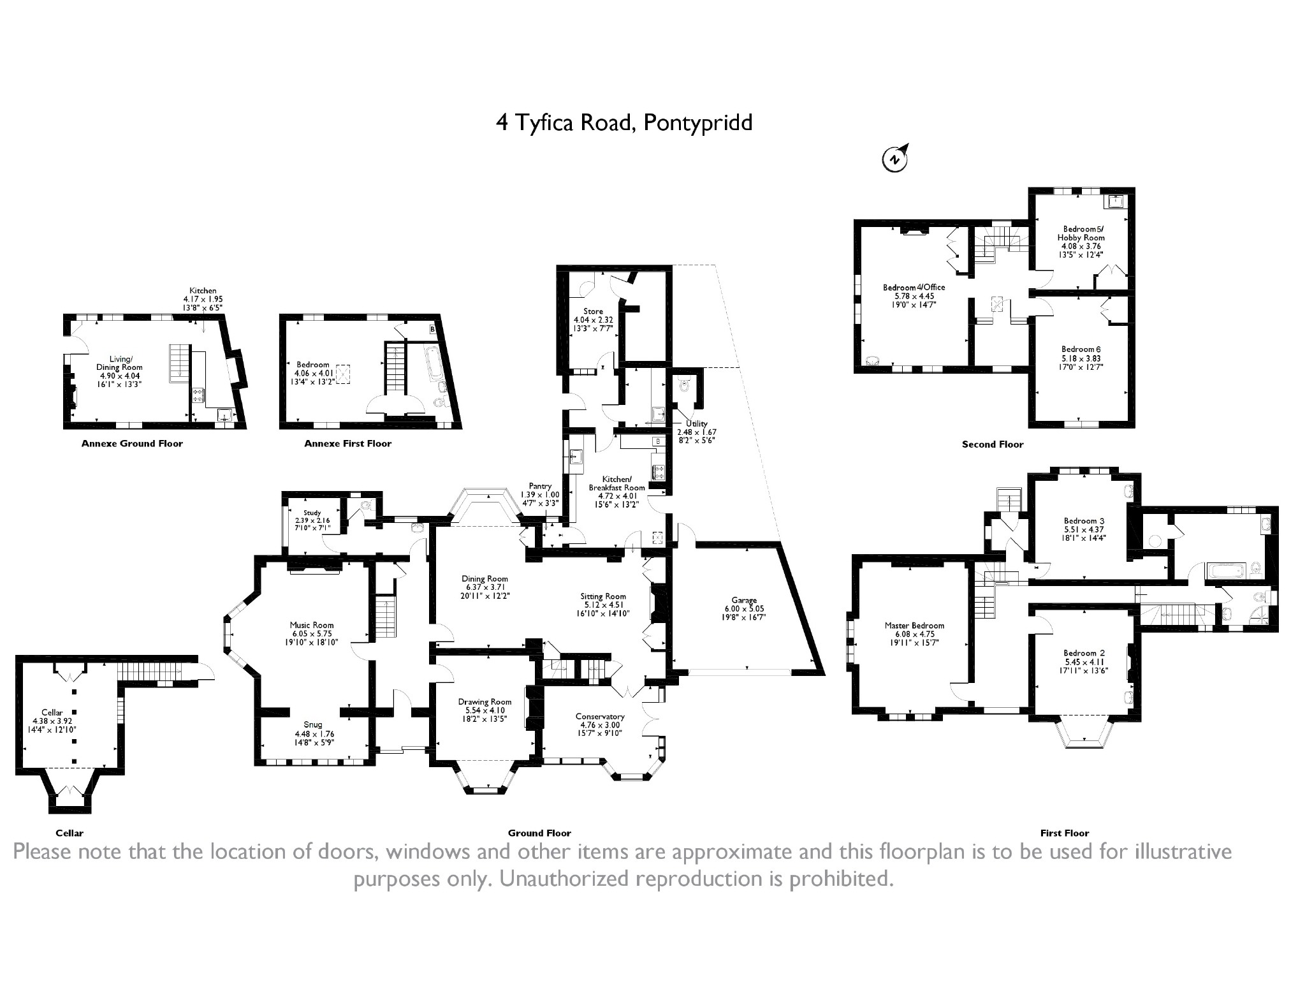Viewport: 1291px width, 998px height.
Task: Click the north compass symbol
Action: coord(895,159)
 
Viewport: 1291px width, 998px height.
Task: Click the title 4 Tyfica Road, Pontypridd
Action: coord(624,122)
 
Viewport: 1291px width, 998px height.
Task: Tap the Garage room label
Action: coord(744,600)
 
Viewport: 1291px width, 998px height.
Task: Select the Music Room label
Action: coord(312,625)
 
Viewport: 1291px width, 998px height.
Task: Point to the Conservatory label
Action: coord(600,716)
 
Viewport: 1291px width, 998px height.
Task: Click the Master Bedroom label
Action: coord(914,626)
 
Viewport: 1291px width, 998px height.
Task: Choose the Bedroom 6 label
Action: coord(1081,349)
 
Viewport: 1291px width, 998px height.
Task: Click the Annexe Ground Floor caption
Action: coord(132,444)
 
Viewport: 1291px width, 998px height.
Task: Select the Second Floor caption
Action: coord(993,444)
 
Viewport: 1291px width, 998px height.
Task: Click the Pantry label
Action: coord(540,486)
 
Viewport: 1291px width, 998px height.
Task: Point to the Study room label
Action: coord(312,513)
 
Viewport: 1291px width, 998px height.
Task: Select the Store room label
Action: coord(593,311)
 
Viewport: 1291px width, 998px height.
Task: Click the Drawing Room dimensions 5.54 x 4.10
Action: coord(485,710)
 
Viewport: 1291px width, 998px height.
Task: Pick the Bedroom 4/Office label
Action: coord(914,288)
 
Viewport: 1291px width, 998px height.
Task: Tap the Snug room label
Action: coord(312,724)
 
